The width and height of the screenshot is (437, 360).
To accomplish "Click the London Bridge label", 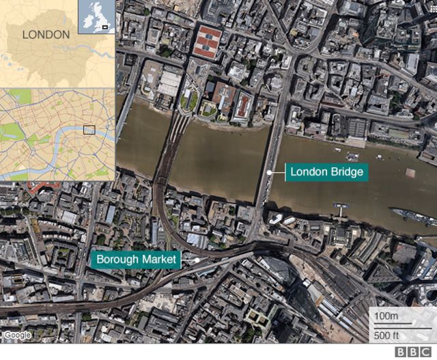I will coord(326,171).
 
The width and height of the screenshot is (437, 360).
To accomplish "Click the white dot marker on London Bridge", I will coord(270,172).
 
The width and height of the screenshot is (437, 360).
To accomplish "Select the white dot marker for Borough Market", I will coord(197,260).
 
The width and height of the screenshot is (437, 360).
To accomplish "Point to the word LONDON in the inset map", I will coord(46,34).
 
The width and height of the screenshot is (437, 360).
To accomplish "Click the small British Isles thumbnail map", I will coord(96,16).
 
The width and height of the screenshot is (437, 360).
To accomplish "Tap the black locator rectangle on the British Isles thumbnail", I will coord(105,27).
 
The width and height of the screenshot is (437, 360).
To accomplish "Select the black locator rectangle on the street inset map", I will coord(89,130).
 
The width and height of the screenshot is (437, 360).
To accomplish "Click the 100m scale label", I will coord(386,317).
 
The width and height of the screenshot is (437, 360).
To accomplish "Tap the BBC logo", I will coord(417,351).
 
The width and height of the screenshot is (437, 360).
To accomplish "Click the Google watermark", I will coord(16,335).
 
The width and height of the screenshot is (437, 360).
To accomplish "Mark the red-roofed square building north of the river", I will coord(207,42).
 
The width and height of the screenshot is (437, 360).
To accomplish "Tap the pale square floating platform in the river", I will coord(410,172).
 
